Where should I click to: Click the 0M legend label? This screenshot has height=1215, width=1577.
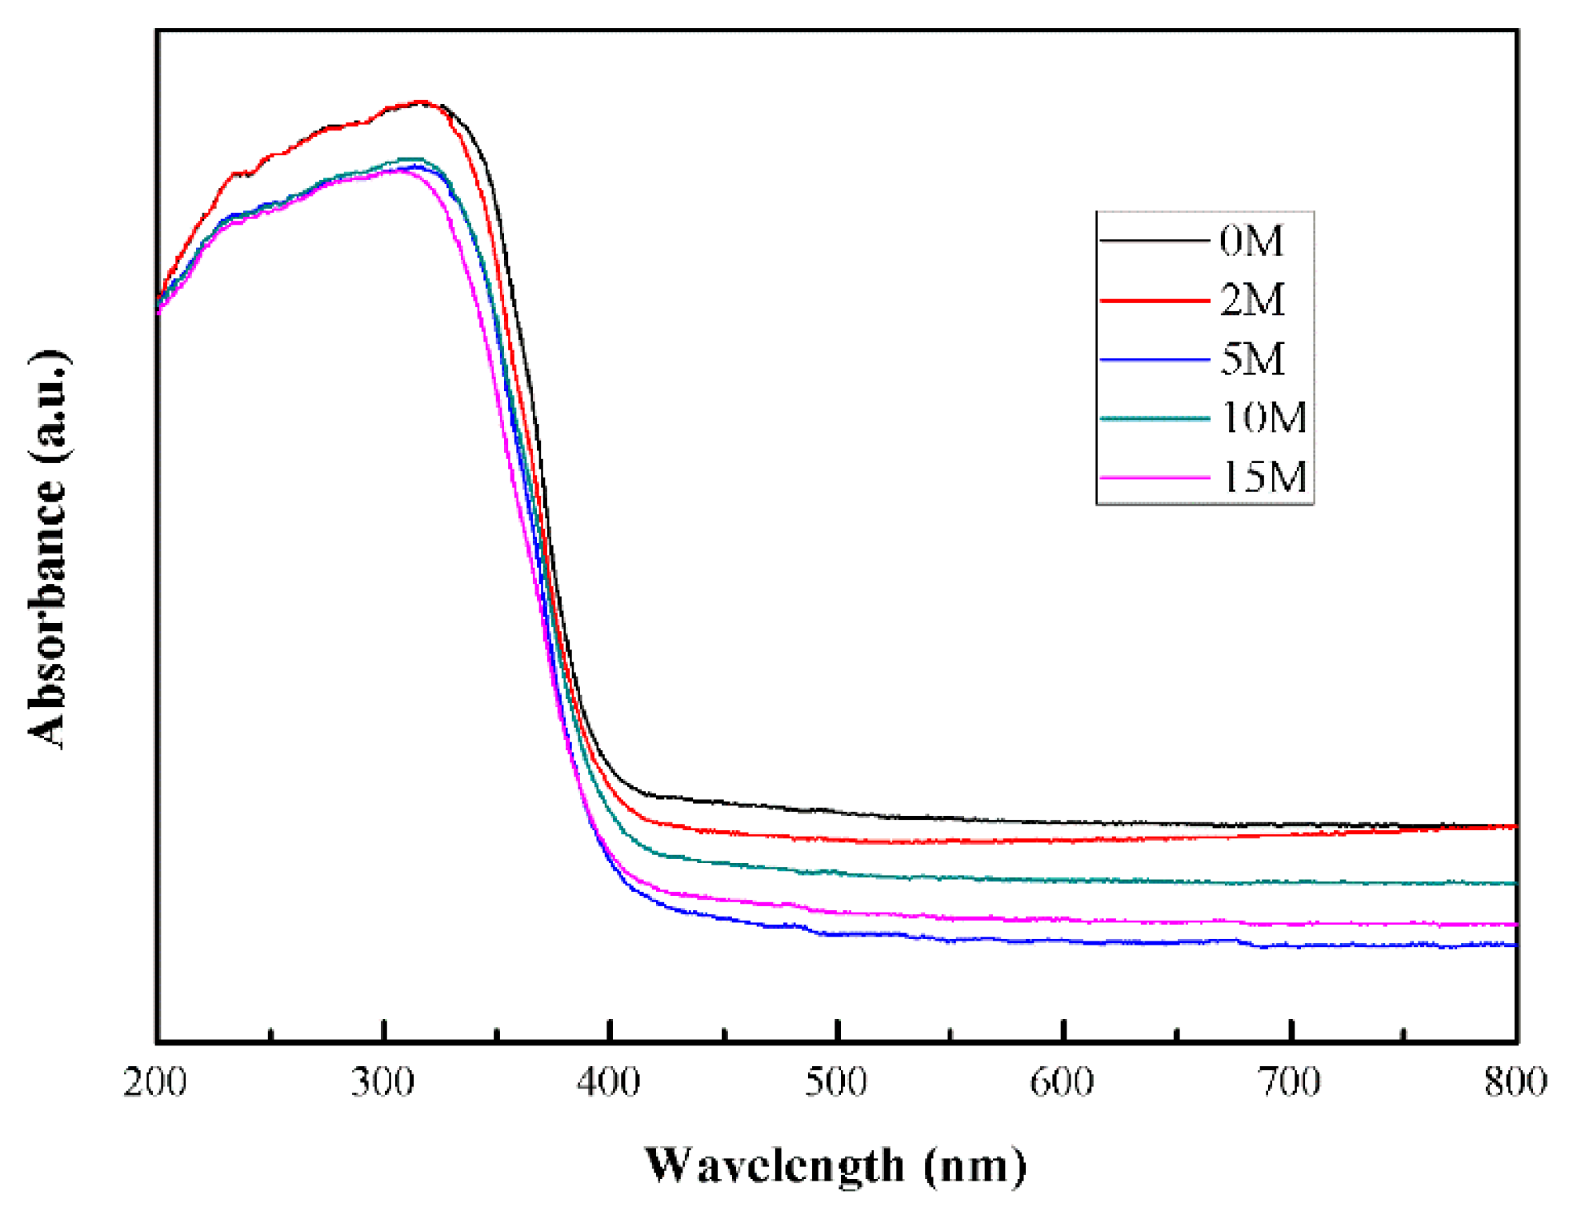[x=1251, y=240]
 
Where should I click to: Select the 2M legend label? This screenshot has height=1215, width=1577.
[x=1251, y=300]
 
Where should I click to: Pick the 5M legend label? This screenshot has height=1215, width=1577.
[x=1251, y=359]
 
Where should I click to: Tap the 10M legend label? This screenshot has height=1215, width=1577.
[x=1263, y=418]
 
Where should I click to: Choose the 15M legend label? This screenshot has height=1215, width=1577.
[x=1263, y=478]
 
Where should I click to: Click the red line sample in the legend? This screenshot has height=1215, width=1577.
[x=1154, y=301]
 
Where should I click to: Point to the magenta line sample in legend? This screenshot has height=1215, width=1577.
[x=1154, y=478]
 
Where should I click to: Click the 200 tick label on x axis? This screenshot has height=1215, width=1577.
[x=155, y=1083]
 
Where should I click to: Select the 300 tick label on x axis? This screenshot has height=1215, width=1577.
[x=383, y=1083]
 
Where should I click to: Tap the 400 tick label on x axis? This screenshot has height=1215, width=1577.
[x=610, y=1083]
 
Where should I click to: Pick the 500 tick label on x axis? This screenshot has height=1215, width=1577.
[x=836, y=1083]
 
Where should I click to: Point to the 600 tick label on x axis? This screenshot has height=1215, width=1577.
[x=1063, y=1083]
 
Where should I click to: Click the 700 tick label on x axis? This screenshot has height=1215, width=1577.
[x=1290, y=1083]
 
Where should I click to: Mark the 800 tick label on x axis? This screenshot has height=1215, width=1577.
[x=1515, y=1083]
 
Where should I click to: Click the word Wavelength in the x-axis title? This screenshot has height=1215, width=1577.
[x=774, y=1167]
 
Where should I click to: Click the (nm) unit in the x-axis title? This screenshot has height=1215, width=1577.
[x=974, y=1167]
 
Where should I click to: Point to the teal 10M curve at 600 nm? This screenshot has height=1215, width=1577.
[x=1063, y=880]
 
